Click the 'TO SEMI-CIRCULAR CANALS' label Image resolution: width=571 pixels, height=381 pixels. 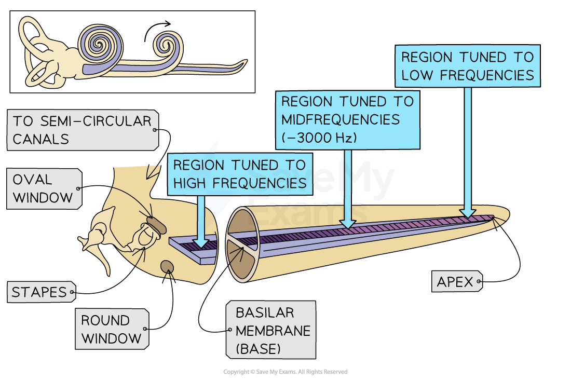coord(82,130)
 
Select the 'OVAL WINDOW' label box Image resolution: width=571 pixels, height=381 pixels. coord(44,188)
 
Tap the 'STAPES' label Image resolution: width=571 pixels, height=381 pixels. coord(40,292)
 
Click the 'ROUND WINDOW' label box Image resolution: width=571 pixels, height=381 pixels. coord(111,329)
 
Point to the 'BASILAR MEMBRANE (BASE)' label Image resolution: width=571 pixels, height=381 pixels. coord(270,330)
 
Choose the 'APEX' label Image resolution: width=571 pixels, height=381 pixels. coord(456,282)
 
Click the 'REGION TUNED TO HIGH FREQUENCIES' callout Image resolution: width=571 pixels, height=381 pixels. coord(239,174)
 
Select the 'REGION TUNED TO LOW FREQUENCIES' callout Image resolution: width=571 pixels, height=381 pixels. coord(467,66)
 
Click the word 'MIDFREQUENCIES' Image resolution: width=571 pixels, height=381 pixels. coord(341,119)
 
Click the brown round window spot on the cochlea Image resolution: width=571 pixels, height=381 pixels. coord(167,267)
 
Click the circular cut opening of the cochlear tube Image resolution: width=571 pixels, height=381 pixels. coord(243,244)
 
